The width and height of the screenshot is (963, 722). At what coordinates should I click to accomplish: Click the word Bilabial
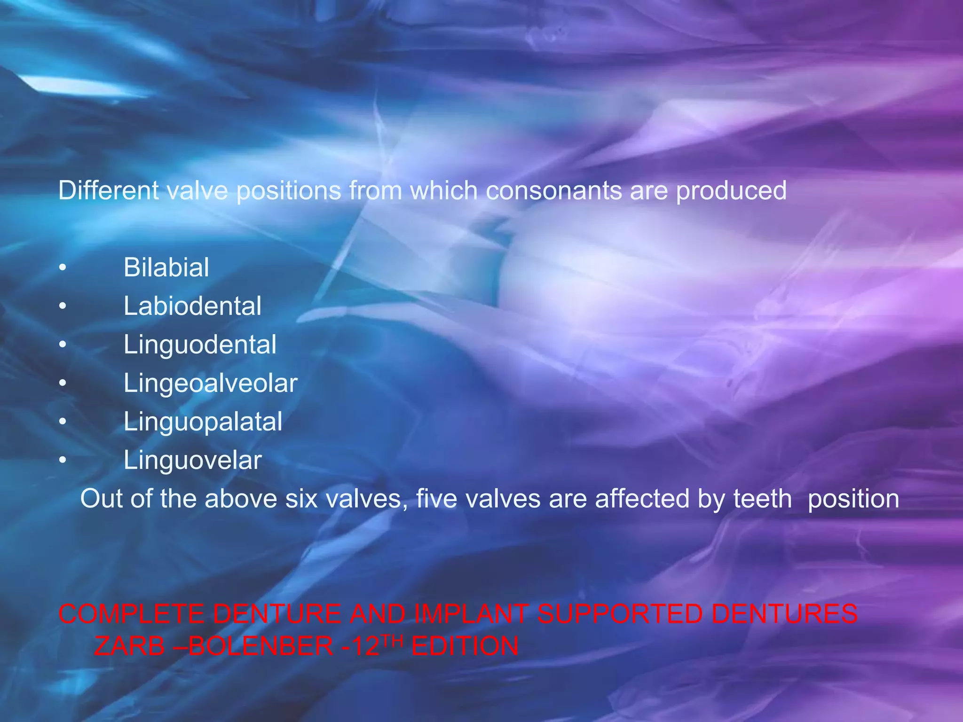click(166, 268)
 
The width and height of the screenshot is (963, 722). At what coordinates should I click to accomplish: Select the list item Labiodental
click(192, 306)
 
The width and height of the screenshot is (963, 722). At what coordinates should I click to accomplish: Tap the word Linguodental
click(200, 345)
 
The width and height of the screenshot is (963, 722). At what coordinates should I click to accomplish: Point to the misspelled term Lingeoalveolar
click(210, 384)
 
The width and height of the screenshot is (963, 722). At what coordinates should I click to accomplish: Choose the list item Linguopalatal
click(203, 422)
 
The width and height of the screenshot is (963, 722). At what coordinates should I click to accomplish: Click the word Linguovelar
click(192, 460)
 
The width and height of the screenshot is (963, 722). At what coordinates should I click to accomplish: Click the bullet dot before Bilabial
click(63, 268)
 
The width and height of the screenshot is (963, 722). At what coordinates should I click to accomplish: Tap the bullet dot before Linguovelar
click(63, 461)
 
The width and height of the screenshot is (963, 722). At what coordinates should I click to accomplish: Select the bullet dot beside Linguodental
click(63, 345)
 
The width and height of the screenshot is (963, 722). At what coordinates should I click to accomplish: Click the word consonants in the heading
click(553, 191)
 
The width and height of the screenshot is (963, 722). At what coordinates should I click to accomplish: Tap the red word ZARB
click(129, 646)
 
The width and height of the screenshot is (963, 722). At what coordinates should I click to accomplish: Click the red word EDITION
click(465, 646)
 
